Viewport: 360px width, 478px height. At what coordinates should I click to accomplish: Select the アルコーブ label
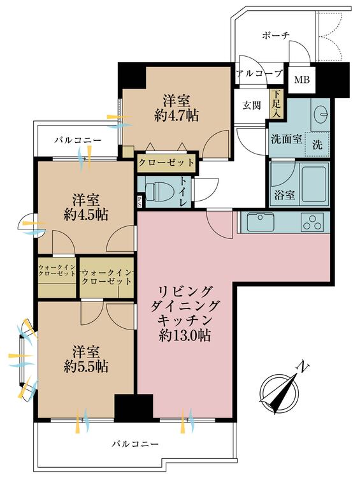[x=259, y=74]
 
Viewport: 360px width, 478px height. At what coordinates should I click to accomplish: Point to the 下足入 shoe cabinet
[x=276, y=104]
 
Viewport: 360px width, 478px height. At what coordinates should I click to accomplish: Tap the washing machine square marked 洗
[x=317, y=145]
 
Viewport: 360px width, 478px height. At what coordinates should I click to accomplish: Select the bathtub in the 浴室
[x=312, y=183]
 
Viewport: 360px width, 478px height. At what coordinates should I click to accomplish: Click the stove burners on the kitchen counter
[x=314, y=224]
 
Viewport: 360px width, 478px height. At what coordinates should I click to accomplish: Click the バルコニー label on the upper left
[x=73, y=138]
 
